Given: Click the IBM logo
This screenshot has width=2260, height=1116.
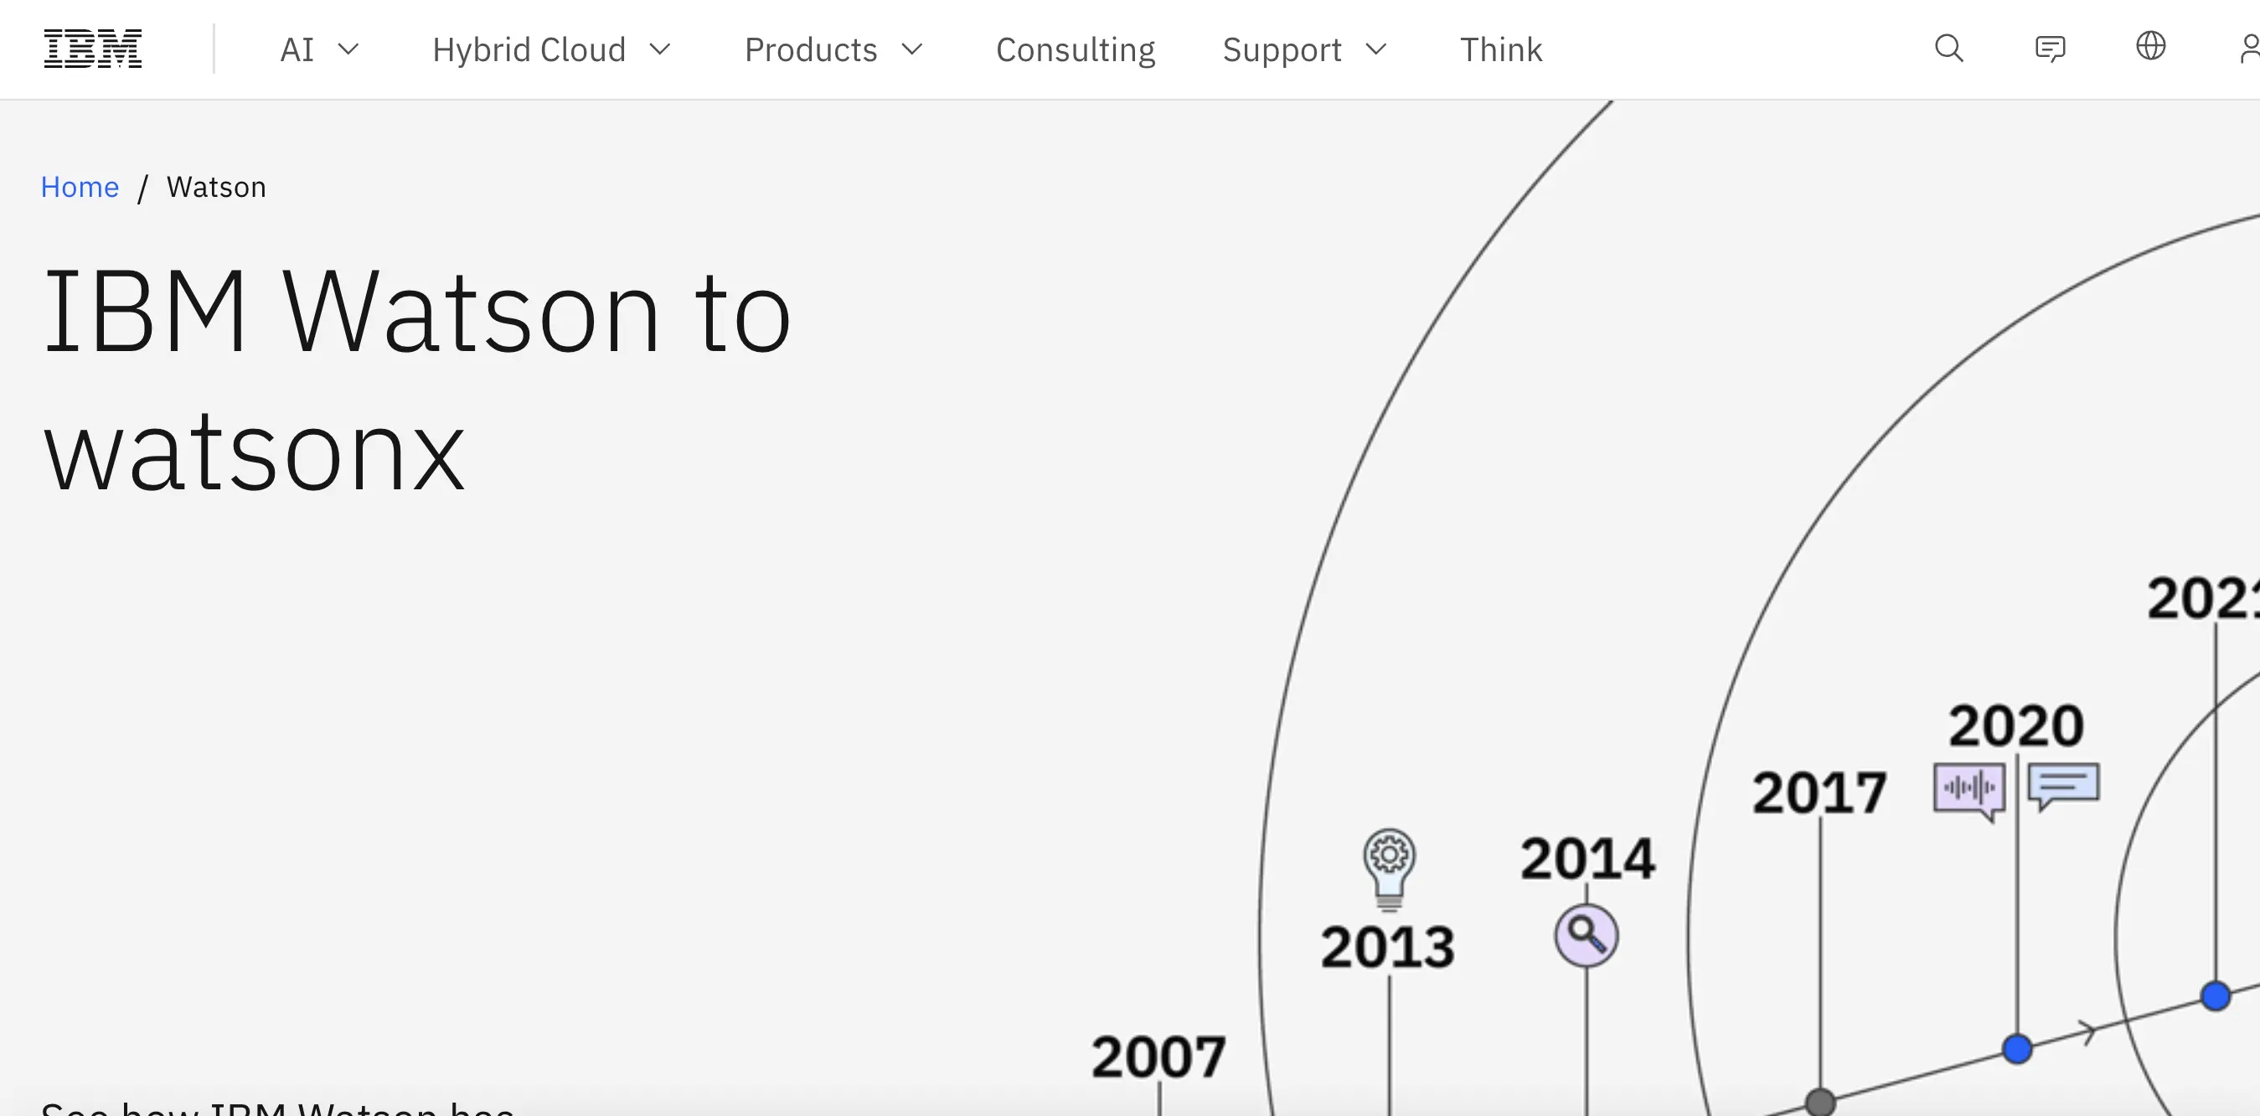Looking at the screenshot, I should coord(92,49).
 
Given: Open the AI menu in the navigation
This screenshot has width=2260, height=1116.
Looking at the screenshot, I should coord(318,50).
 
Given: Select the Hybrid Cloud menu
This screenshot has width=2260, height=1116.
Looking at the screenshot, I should coord(551,50).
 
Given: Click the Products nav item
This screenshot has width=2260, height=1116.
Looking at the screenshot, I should coord(833,50).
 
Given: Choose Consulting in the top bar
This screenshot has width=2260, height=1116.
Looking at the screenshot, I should coord(1075,50).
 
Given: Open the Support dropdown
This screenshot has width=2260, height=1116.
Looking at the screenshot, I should coord(1303,50).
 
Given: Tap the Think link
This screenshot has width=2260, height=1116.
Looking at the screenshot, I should coord(1500,50).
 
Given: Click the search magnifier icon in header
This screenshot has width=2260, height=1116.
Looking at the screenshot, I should coord(1948,49).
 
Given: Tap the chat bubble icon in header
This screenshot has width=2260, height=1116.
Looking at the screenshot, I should coord(2050,49).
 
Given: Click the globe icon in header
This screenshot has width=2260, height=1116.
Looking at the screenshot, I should coord(2150,45).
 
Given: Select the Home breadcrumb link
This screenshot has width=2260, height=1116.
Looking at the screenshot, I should coord(80,187).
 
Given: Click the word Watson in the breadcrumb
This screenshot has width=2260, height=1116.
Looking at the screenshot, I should coord(216,187).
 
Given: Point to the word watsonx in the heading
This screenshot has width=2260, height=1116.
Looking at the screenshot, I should coord(255,454).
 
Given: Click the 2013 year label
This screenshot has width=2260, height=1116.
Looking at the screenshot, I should coord(1388,948).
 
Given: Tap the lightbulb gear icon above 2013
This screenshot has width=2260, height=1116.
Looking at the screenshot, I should coord(1389,865).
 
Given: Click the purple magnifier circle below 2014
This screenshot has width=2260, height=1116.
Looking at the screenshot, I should coord(1587,935).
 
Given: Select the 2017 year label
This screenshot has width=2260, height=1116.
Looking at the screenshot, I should coord(1819,793).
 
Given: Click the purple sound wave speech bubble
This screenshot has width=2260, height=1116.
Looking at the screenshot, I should coord(1969,788).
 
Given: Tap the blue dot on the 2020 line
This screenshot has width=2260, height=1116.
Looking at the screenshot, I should coord(2017,1048).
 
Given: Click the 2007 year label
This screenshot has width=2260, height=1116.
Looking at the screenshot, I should coord(1158,1057).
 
